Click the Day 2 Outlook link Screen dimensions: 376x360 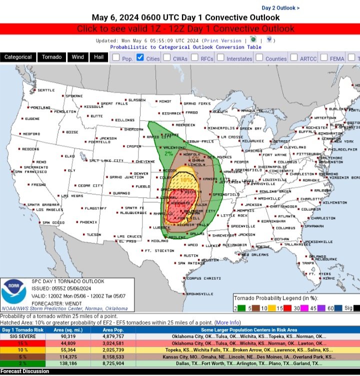click(x=280, y=8)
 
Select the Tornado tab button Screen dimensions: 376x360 click(x=51, y=58)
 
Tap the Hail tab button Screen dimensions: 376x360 click(x=98, y=58)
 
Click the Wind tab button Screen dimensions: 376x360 click(x=77, y=58)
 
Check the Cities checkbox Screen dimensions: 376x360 click(x=140, y=58)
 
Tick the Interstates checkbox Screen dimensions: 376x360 click(x=221, y=58)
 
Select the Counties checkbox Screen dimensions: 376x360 click(x=259, y=58)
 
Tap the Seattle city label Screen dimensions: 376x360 click(x=45, y=91)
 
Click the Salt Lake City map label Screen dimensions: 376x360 click(x=106, y=161)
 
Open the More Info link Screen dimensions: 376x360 click(x=227, y=322)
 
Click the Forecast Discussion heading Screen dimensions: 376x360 click(x=25, y=371)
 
